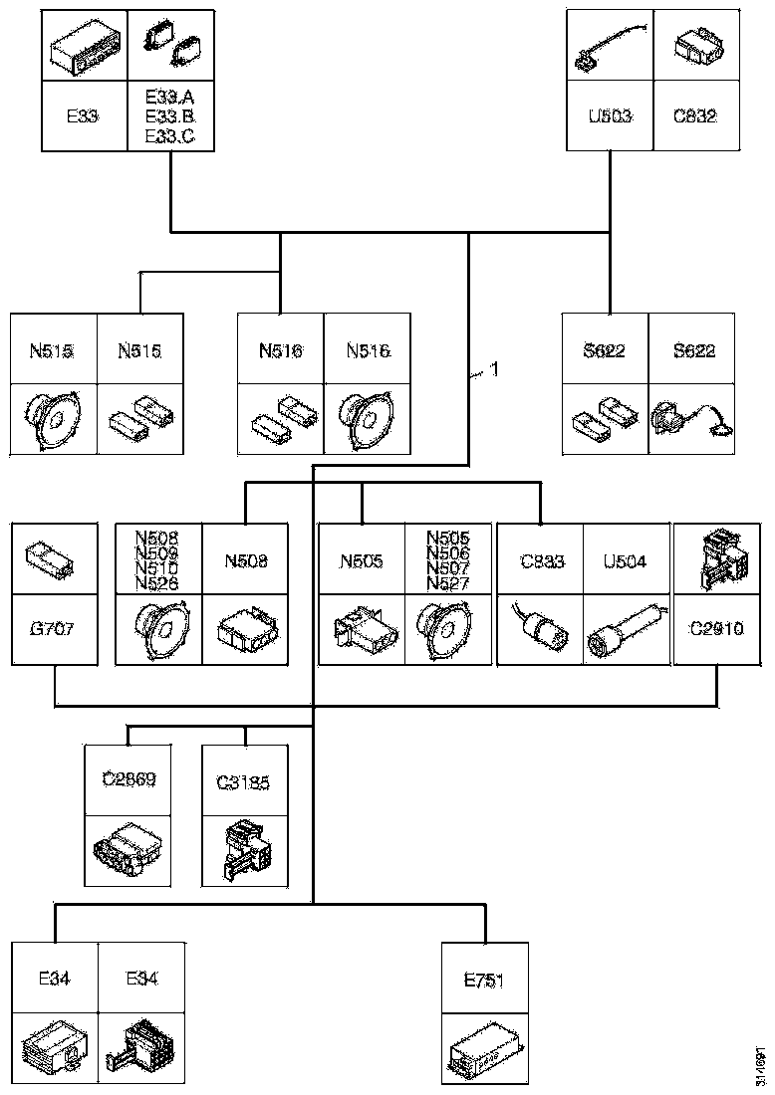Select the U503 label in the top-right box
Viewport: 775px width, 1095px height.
[x=609, y=115]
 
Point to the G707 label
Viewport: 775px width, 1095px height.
[x=53, y=630]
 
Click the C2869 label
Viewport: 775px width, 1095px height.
[x=129, y=779]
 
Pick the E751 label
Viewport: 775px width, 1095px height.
[x=485, y=980]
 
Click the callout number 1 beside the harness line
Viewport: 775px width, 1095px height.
[x=493, y=372]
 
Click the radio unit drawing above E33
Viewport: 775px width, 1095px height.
[x=85, y=46]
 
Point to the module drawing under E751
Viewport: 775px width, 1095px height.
[x=485, y=1051]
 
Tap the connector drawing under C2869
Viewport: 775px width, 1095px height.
[x=129, y=848]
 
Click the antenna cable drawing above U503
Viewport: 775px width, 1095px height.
[x=609, y=46]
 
